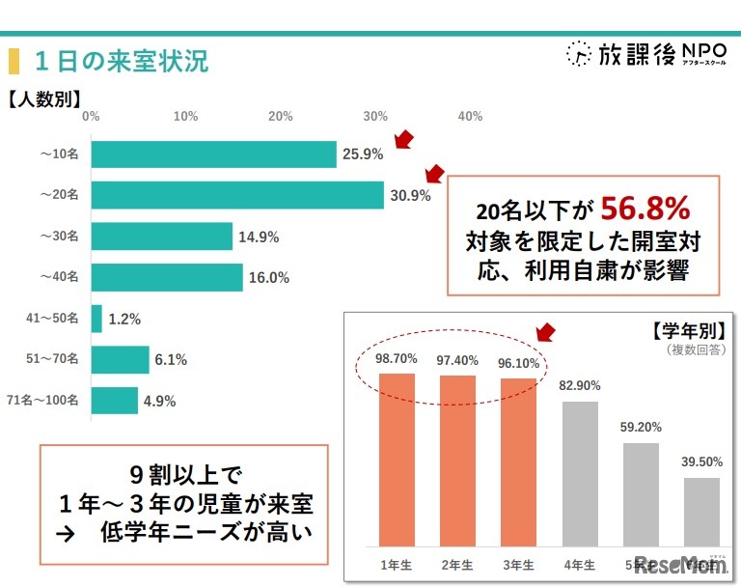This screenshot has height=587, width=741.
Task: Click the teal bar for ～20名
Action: (237, 195)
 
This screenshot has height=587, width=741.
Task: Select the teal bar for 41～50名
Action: (96, 319)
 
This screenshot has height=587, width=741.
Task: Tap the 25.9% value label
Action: (363, 154)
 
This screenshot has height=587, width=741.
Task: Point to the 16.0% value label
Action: (269, 278)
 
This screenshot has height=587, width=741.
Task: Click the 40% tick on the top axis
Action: (470, 116)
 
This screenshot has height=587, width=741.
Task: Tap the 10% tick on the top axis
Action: (185, 116)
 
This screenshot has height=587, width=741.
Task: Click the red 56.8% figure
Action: (645, 208)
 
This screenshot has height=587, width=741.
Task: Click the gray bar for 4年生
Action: (580, 473)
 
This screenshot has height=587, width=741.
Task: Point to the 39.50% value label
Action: (702, 462)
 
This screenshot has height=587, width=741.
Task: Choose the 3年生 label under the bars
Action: (518, 564)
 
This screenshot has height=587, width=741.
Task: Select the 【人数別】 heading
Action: (44, 98)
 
